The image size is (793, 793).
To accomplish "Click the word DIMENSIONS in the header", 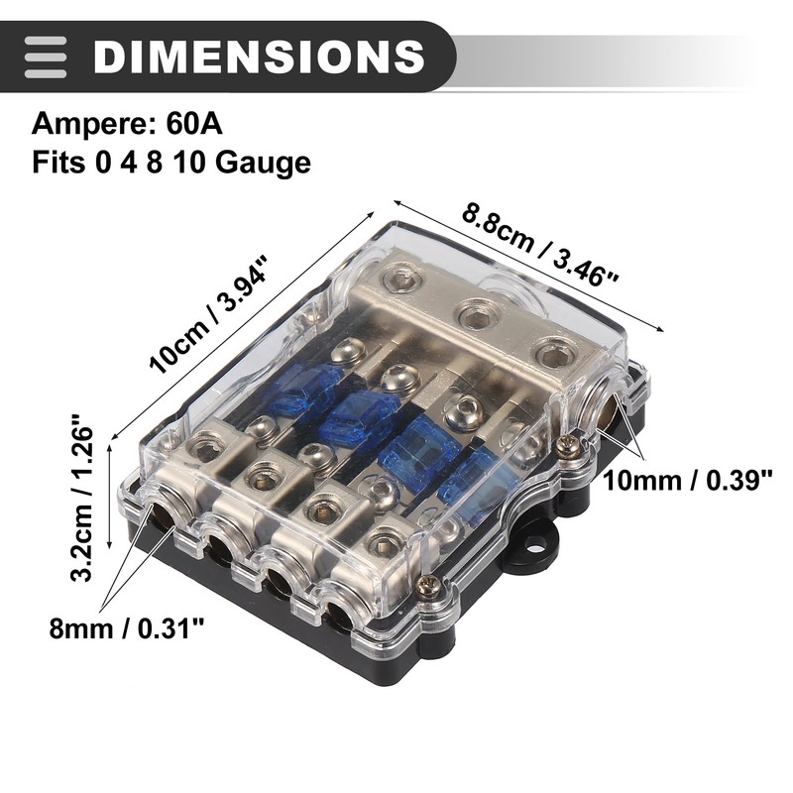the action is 259,56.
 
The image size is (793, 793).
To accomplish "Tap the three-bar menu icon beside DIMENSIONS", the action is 46,57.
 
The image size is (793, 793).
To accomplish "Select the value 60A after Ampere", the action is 193,124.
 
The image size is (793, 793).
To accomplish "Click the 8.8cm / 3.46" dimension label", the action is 539,244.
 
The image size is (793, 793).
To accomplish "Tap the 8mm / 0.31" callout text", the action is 127,628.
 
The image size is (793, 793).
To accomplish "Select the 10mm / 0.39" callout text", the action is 688,480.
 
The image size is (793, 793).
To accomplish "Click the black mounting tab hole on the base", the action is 536,546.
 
